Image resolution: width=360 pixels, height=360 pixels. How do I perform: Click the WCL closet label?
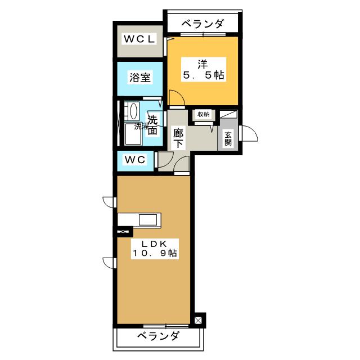tap(139, 39)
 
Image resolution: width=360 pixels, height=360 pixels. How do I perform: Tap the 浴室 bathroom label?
tap(139, 78)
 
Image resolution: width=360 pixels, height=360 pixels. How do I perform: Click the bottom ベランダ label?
tap(158, 336)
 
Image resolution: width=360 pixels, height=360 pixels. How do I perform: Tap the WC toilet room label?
tap(135, 160)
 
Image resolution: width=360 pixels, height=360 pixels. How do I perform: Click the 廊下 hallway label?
tap(178, 138)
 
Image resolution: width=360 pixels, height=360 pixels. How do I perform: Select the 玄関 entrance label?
tap(228, 138)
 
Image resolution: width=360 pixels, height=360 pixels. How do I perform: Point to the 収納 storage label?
tap(202, 114)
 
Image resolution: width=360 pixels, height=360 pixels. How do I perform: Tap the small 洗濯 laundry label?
tap(141, 127)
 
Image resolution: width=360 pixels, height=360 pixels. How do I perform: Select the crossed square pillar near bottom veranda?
tap(199, 322)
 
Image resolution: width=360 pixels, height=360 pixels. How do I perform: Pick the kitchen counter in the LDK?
tap(139, 219)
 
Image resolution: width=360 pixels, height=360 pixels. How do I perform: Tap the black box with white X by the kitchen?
tap(123, 231)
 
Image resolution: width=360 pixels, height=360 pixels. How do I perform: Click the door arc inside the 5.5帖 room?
tap(174, 98)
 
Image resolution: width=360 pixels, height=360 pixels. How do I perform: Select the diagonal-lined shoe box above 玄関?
tap(228, 114)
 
